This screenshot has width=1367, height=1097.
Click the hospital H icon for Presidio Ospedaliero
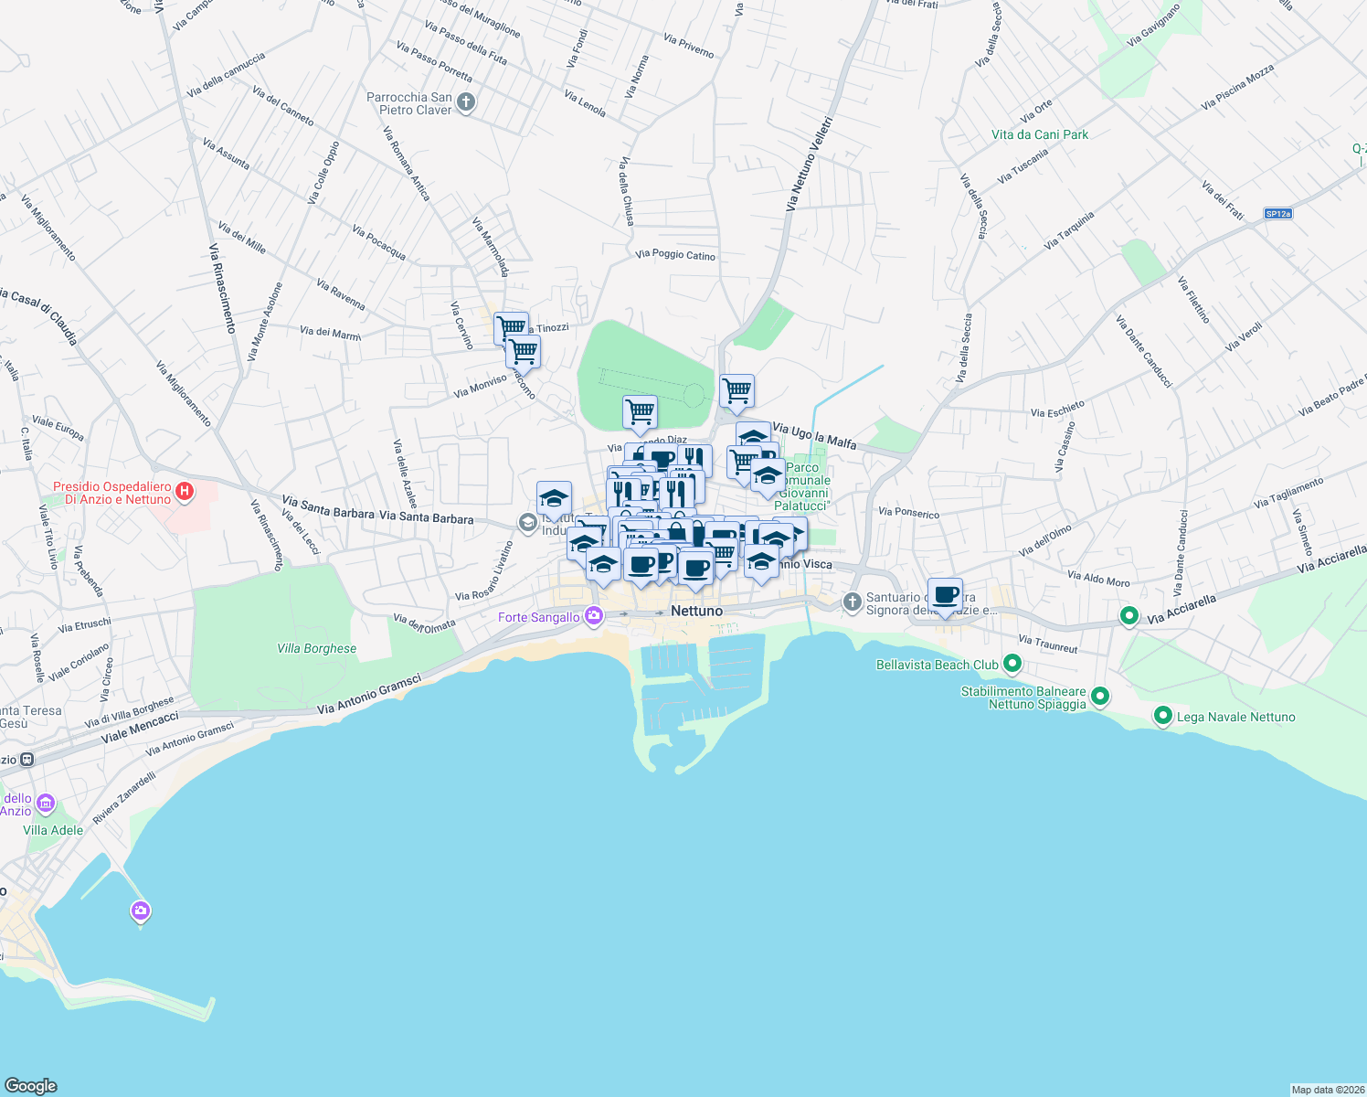(185, 492)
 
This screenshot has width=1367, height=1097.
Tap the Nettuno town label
(696, 611)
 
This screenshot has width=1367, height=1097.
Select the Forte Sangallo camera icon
(594, 616)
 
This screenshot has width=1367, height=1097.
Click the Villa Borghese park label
(316, 648)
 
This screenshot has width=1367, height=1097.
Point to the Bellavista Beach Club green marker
(1012, 664)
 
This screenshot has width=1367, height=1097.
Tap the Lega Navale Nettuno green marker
(1162, 716)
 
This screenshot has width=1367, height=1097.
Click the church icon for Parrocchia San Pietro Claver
(466, 102)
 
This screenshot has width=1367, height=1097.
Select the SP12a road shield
(1277, 214)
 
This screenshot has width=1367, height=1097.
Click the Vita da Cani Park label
(1040, 134)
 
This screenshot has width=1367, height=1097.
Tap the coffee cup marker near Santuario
(946, 595)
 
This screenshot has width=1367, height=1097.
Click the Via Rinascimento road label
(222, 288)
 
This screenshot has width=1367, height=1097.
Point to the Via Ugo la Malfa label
(814, 435)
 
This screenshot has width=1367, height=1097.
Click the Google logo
(30, 1086)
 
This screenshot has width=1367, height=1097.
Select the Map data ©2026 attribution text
(1327, 1090)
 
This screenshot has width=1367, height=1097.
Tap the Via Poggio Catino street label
(675, 255)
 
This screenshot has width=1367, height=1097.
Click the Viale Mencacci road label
(140, 727)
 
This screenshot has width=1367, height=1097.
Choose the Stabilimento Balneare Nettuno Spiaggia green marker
(1100, 697)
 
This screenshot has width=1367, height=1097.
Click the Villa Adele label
(53, 830)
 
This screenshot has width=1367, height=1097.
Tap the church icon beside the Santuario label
(852, 602)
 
